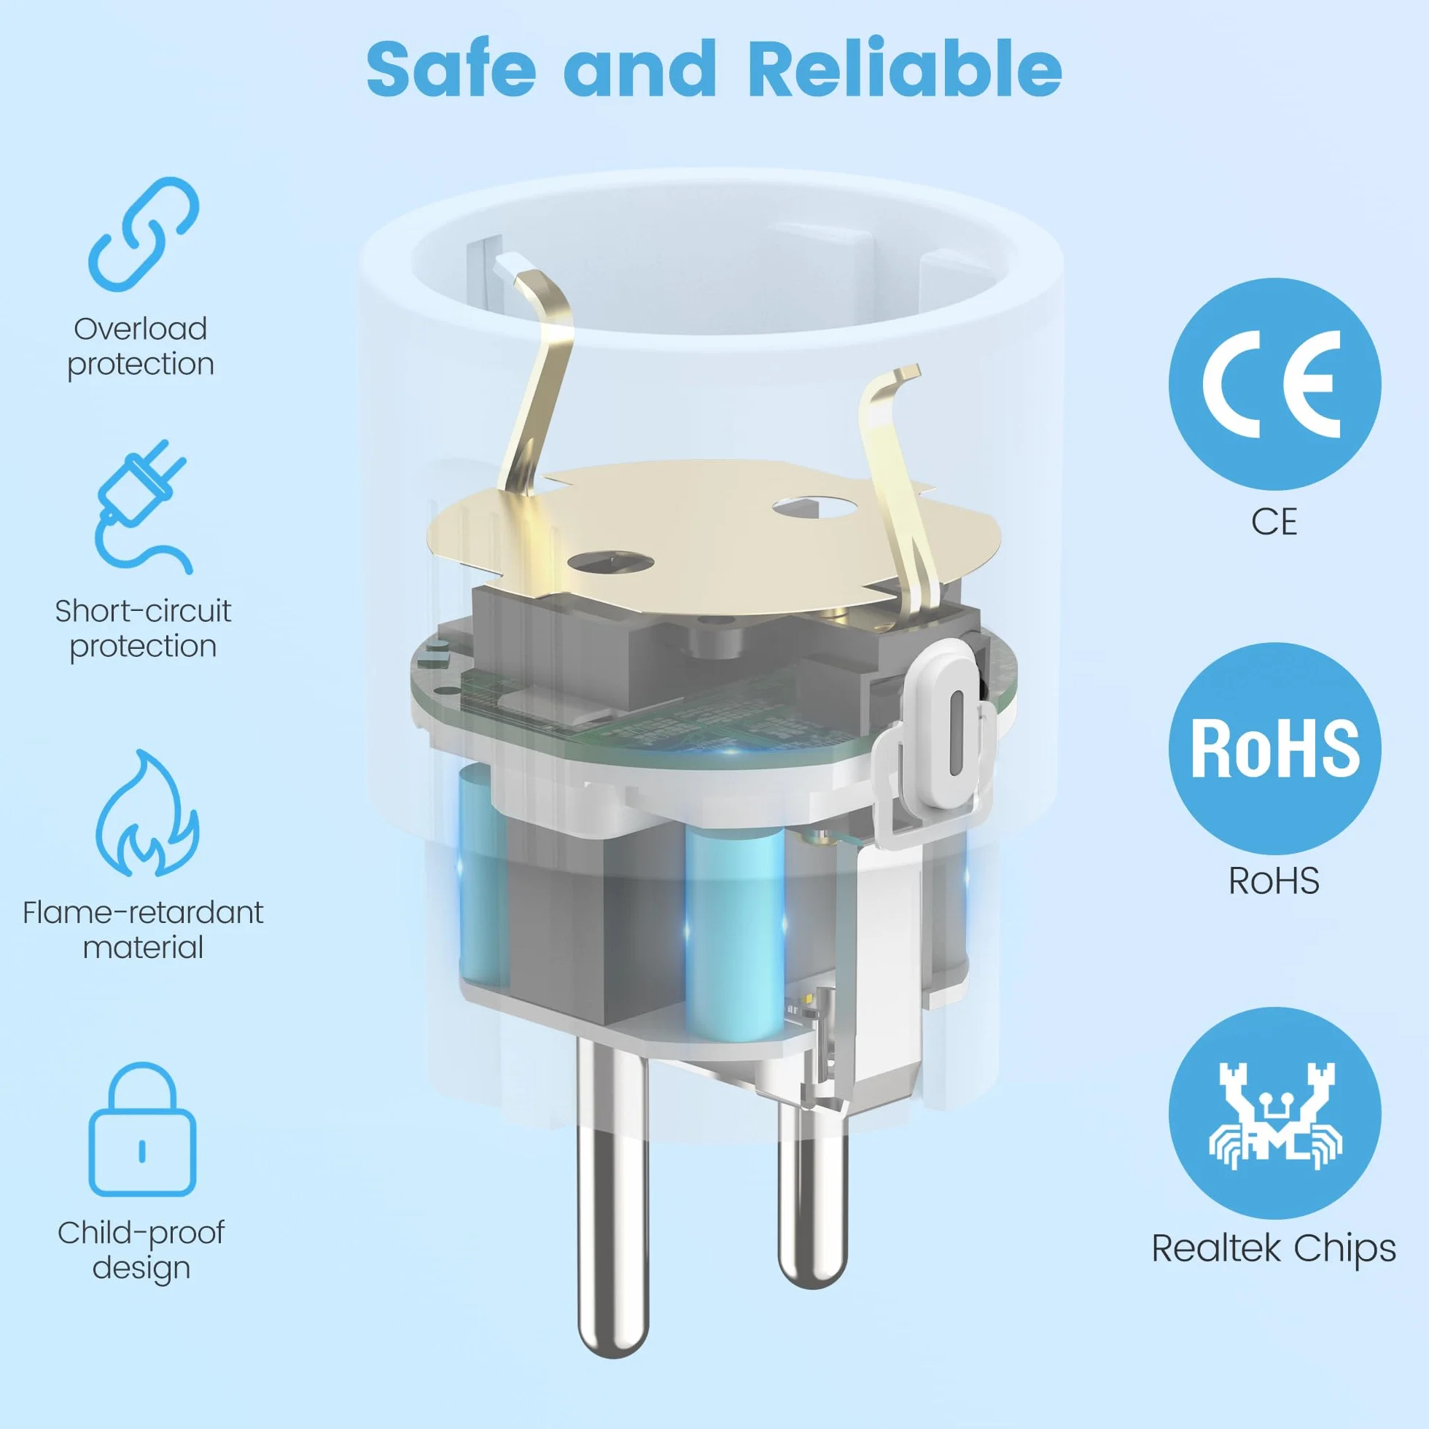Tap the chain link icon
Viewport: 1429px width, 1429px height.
144,233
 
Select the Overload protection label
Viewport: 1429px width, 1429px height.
141,346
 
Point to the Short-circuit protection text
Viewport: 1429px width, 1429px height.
143,628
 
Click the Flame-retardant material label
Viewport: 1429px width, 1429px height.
143,930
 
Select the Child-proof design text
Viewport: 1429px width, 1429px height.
141,1250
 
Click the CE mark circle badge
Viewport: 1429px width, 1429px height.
1274,384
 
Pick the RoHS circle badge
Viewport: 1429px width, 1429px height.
1274,749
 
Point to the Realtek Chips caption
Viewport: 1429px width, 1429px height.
1274,1247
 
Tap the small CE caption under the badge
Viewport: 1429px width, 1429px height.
1274,522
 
